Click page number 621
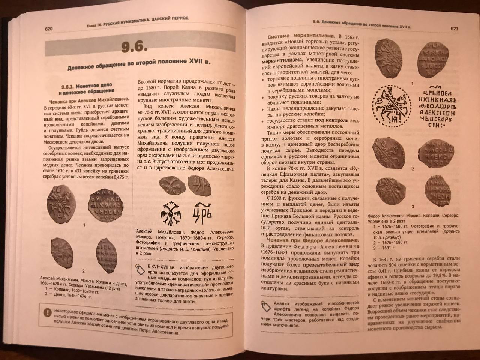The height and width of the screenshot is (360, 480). pyautogui.click(x=454, y=28)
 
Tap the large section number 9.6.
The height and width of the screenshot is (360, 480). pyautogui.click(x=134, y=48)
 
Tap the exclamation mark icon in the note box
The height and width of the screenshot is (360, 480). pyautogui.click(x=48, y=311)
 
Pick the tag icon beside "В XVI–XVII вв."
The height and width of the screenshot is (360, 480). pyautogui.click(x=141, y=269)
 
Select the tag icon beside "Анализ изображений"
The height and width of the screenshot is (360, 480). pyautogui.click(x=267, y=306)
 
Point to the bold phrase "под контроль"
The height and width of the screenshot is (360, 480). pyautogui.click(x=331, y=121)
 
